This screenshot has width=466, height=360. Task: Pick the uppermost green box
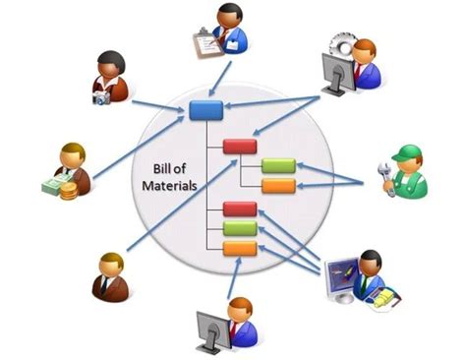tap(278, 165)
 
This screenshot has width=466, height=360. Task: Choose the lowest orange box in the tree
tap(240, 248)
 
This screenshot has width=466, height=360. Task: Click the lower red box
tap(240, 209)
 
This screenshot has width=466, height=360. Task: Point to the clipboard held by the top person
tap(204, 42)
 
